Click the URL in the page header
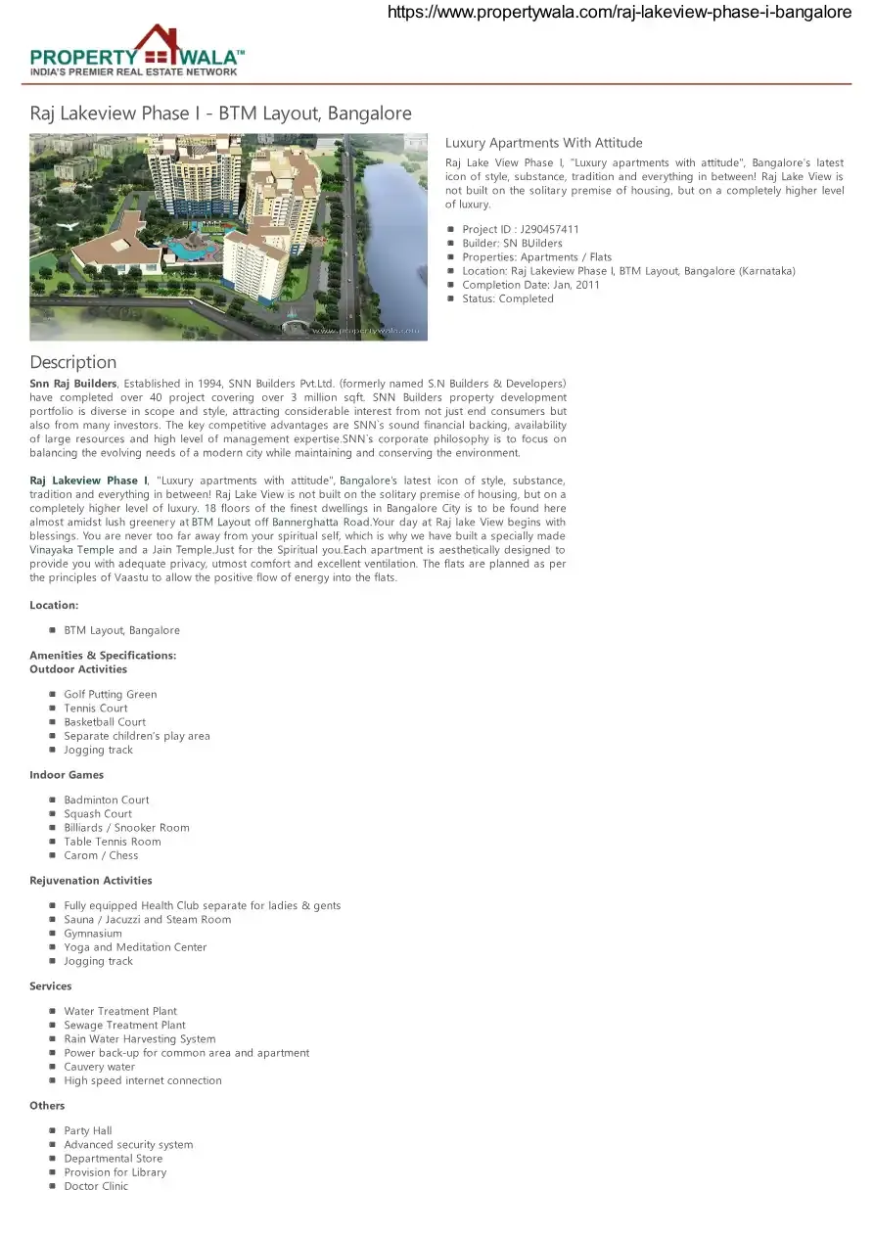620,13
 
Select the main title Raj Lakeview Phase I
220,114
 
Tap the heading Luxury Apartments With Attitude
543,143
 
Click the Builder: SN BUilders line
512,244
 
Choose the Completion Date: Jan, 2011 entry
530,285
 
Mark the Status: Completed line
507,298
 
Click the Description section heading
72,362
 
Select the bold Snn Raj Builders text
73,384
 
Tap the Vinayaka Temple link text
71,550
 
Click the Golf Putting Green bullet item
110,695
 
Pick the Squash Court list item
98,814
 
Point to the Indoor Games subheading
67,775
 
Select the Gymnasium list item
93,934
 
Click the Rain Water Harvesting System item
140,1039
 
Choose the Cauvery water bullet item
100,1067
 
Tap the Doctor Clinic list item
96,1186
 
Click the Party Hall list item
88,1131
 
